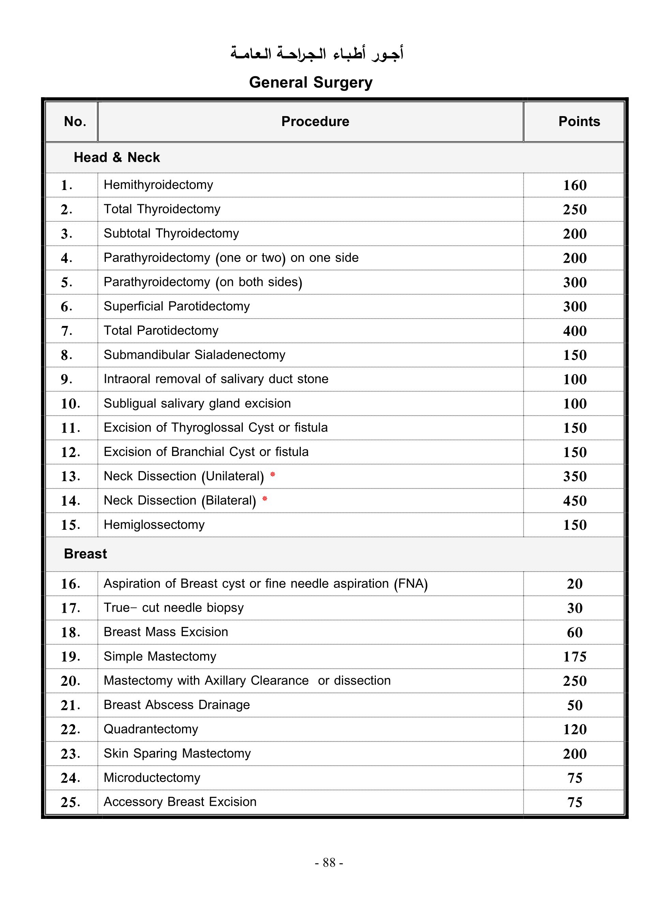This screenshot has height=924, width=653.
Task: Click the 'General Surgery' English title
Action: tap(310, 83)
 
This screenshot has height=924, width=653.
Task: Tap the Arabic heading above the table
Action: tap(317, 53)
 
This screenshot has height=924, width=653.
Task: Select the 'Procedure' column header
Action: tap(315, 122)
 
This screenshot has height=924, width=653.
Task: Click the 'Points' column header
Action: tap(579, 122)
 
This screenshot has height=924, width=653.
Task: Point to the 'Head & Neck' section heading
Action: tap(116, 157)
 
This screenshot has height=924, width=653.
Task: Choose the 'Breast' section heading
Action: tap(85, 554)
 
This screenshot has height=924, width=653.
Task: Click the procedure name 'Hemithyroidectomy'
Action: tap(158, 185)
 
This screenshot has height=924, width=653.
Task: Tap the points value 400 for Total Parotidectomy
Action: tap(574, 331)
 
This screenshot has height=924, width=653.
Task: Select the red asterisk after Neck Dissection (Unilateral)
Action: tap(273, 475)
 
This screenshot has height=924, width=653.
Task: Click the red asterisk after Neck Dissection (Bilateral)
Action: tap(265, 499)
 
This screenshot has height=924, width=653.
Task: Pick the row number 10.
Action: tap(70, 404)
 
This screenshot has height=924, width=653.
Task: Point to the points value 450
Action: tap(574, 501)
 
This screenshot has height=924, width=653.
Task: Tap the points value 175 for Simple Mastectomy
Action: tap(574, 657)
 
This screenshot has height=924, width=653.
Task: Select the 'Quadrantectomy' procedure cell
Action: tap(151, 729)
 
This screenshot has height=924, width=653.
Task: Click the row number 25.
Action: tap(70, 802)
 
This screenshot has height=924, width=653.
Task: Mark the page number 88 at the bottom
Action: tap(329, 862)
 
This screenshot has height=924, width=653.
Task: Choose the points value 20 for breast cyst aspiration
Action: tap(574, 584)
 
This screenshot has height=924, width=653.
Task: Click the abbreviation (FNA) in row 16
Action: tap(411, 583)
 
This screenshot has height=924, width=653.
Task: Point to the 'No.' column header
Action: tap(75, 122)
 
